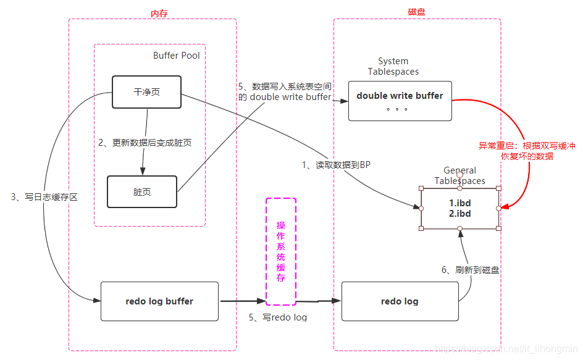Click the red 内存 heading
[159, 13]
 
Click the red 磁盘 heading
[417, 12]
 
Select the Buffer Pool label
[176, 56]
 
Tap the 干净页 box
[146, 92]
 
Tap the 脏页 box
[142, 192]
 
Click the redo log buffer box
[159, 301]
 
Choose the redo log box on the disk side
[400, 301]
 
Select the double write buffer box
[400, 101]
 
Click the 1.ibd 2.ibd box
[459, 208]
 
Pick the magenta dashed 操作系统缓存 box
[281, 251]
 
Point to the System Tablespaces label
[393, 66]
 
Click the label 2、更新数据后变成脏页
[145, 143]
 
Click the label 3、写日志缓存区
[44, 197]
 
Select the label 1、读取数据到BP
[335, 165]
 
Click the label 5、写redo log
[278, 317]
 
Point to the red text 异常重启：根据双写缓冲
[527, 146]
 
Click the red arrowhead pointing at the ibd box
[504, 207]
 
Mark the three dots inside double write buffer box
[397, 109]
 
